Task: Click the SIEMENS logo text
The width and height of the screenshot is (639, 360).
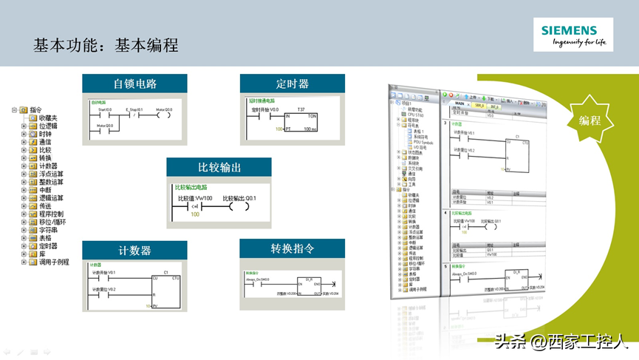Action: click(568, 30)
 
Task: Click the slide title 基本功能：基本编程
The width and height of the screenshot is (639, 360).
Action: click(106, 45)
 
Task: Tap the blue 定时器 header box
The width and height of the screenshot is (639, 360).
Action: click(293, 84)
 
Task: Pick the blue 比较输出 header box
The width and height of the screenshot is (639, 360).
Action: click(219, 167)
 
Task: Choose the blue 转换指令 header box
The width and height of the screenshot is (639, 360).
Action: click(293, 248)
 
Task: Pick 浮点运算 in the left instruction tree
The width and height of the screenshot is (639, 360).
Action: click(51, 174)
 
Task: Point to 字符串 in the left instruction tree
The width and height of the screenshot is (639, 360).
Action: click(49, 230)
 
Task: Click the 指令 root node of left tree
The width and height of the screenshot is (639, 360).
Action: click(36, 109)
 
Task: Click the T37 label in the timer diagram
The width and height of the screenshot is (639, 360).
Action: click(301, 109)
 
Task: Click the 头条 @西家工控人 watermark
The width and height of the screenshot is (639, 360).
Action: click(561, 342)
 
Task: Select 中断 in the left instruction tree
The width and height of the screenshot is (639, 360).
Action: click(44, 190)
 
